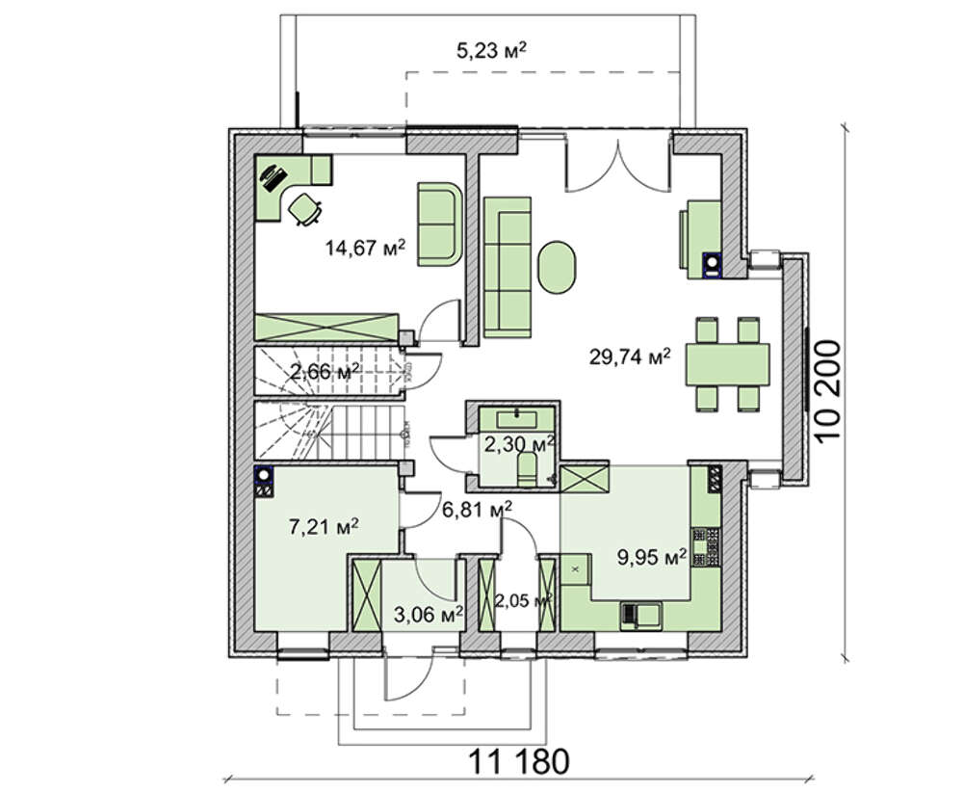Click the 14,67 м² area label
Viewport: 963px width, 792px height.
coord(365,249)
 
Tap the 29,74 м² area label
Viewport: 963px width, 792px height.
coord(630,356)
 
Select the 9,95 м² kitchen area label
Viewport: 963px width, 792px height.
coord(652,557)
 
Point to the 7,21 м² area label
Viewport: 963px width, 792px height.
coord(324,527)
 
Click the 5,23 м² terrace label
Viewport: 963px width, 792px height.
coord(492,50)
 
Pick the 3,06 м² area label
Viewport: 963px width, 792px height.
coord(429,614)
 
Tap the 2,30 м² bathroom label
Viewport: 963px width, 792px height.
coord(520,443)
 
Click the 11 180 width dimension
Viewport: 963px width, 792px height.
coord(519,762)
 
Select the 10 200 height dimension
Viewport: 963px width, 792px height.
coord(827,389)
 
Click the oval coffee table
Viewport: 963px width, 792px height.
coord(558,267)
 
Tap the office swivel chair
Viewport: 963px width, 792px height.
coord(304,209)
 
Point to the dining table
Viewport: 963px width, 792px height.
coord(727,364)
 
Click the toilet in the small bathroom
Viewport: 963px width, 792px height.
coord(528,468)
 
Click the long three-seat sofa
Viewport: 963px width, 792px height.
coord(508,267)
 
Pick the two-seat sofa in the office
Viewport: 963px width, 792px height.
coord(439,224)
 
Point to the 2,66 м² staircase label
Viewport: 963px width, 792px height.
coord(325,372)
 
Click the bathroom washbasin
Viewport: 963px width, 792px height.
coord(516,420)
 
